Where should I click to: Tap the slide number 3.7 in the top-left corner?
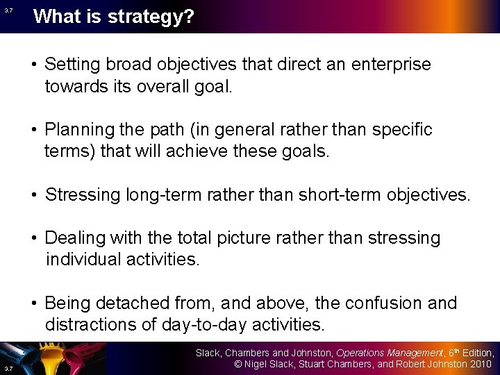pos(8,10)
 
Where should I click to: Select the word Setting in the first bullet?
pos(70,65)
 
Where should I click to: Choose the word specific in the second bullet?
pos(401,130)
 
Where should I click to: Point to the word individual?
pos(84,260)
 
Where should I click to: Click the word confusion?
pos(377,303)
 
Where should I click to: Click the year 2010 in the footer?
pos(479,364)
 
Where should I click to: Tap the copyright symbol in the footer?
pos(237,364)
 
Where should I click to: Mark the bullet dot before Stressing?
pos(34,195)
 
